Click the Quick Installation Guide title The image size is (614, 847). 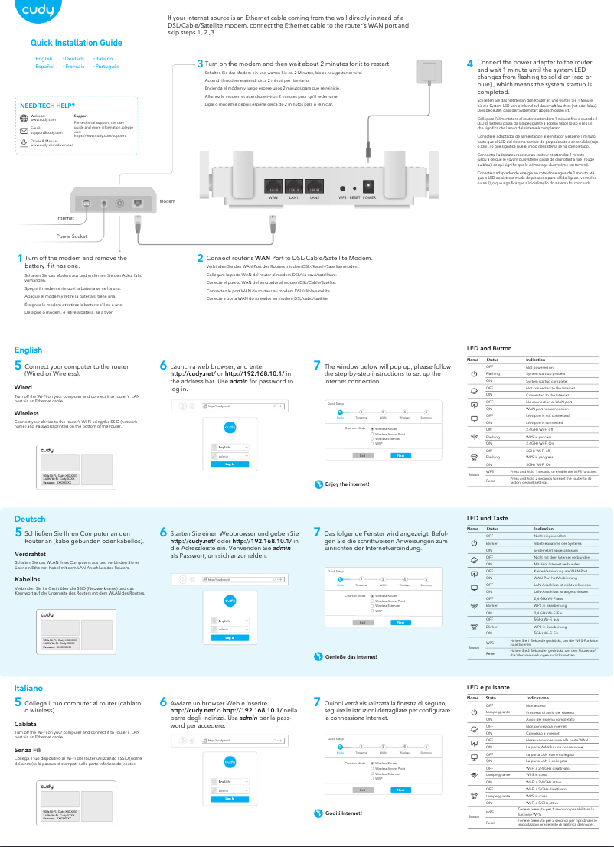(x=76, y=43)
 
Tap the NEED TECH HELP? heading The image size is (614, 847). (x=47, y=105)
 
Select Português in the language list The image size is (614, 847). (x=107, y=67)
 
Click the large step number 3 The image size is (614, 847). (x=200, y=64)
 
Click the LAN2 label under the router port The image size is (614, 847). (x=314, y=197)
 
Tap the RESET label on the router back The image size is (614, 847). (x=354, y=197)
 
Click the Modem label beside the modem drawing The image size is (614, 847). (x=167, y=200)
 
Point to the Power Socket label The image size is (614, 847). (x=72, y=236)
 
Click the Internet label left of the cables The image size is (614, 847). (x=66, y=218)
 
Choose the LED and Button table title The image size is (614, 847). (x=489, y=348)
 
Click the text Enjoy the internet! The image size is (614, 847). (x=347, y=484)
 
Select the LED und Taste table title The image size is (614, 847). (x=487, y=518)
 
